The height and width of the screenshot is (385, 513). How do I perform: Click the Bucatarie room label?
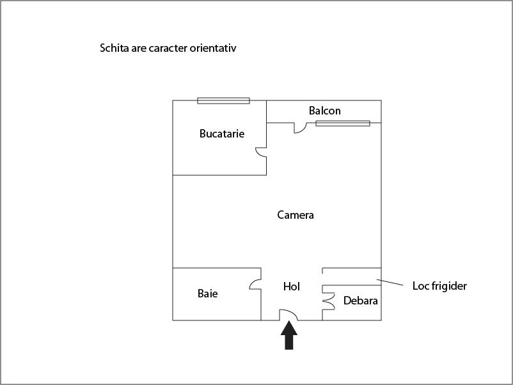222,134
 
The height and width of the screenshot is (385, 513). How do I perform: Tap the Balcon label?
324,111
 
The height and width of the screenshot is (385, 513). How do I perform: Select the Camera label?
296,215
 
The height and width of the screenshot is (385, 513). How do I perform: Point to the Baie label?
207,294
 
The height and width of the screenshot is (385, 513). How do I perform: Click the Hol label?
292,287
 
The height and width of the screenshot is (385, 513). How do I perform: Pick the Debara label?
361,301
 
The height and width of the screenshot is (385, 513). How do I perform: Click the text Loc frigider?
439,286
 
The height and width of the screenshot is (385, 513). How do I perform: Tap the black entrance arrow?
289,335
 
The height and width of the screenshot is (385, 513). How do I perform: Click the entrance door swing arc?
291,311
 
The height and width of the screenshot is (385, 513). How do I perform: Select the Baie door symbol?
253,283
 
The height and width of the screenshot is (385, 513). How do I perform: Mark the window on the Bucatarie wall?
223,100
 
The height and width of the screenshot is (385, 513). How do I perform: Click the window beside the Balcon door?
343,123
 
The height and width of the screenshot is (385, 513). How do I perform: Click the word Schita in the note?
114,48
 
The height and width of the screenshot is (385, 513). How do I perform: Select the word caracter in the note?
168,48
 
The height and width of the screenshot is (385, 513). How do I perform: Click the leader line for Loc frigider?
390,282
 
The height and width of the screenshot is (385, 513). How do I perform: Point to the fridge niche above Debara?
352,277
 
